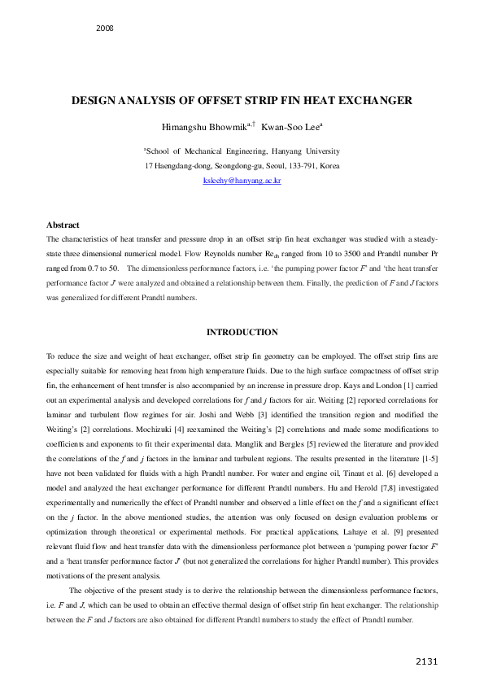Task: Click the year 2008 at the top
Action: pos(104,28)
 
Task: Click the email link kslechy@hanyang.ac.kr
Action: pos(242,181)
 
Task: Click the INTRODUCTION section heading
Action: pos(242,332)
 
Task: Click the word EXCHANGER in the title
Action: pos(368,101)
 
